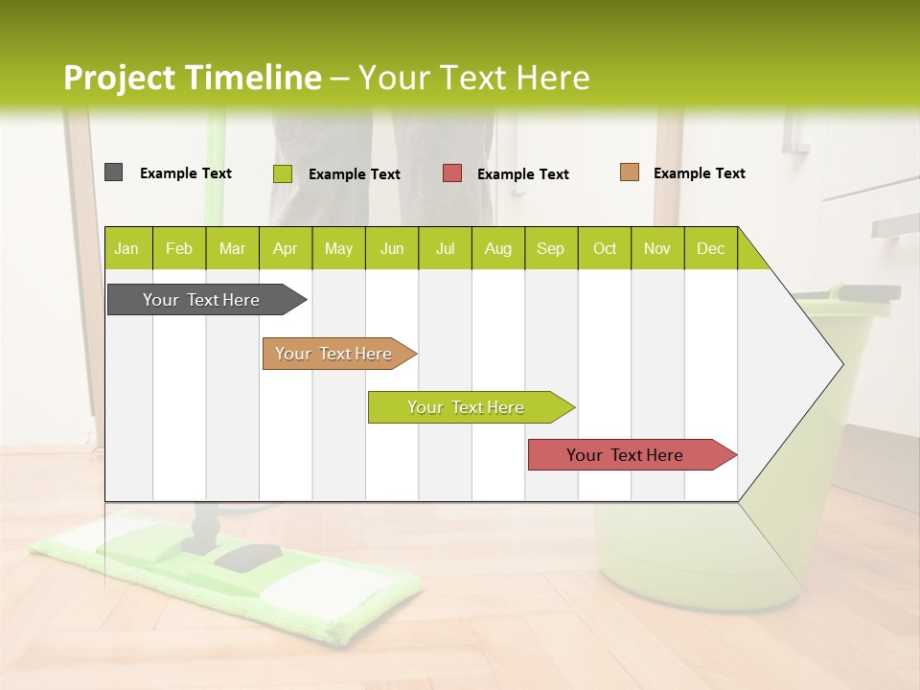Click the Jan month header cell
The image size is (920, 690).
point(127,248)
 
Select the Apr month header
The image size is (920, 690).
point(285,248)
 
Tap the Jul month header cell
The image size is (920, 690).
point(445,248)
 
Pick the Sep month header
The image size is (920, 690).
point(550,248)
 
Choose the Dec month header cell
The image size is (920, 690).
point(710,248)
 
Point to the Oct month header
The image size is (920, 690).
point(605,248)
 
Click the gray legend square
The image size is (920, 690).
point(113,172)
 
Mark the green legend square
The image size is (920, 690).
point(282,173)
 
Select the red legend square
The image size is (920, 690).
point(452,173)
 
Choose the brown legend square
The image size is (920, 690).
point(629,172)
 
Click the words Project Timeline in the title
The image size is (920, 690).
point(192,78)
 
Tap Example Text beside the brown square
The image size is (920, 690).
point(699,173)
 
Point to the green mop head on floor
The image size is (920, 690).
point(220,575)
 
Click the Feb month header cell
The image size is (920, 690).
point(179,248)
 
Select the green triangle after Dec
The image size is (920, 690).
point(751,255)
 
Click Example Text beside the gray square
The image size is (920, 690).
point(185,173)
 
